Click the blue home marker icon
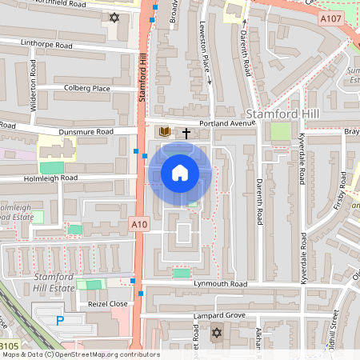[180, 172]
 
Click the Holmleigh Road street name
[50, 178]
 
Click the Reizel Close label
[108, 304]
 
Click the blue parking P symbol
[61, 320]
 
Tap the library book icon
[165, 132]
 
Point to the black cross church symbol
[187, 133]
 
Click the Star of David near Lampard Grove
[215, 332]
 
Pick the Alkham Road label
[258, 340]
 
